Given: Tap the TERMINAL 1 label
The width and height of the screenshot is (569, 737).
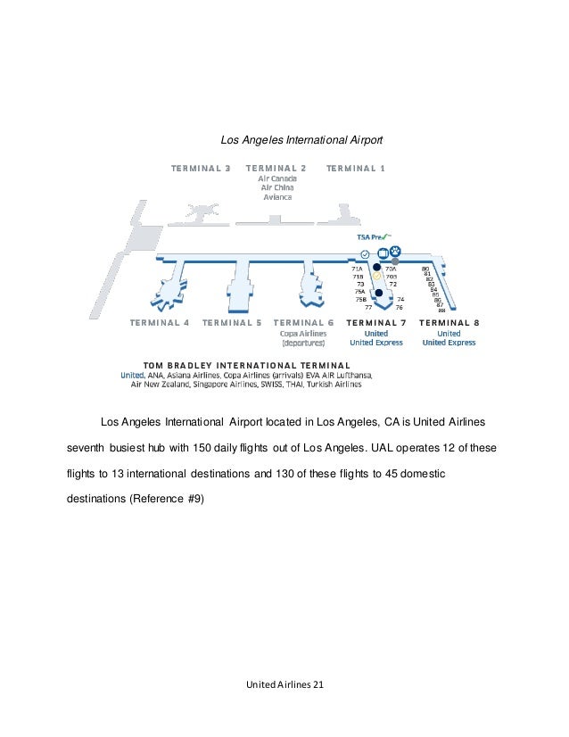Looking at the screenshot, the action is tap(356, 168).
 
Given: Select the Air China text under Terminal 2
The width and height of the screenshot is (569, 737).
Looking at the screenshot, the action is tap(276, 187).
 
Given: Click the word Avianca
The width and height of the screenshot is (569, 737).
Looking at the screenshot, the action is tap(276, 197).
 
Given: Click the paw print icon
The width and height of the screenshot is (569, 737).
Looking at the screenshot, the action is tap(395, 251).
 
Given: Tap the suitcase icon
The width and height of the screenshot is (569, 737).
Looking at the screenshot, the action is tap(383, 252).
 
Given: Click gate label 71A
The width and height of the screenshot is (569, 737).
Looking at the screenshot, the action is tap(357, 269).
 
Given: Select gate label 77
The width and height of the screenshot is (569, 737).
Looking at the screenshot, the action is tap(368, 306).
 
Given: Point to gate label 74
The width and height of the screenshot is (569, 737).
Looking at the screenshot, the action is tap(401, 299).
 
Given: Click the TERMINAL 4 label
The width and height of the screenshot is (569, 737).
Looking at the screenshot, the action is tap(160, 322).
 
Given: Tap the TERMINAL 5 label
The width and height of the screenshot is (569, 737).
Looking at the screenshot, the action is tap(232, 322).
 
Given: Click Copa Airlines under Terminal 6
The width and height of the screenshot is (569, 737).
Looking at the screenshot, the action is tap(304, 333).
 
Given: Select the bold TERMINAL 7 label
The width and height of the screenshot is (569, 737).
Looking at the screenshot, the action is tap(376, 322).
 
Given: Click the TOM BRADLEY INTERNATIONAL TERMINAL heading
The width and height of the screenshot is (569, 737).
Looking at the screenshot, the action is tap(247, 365).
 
